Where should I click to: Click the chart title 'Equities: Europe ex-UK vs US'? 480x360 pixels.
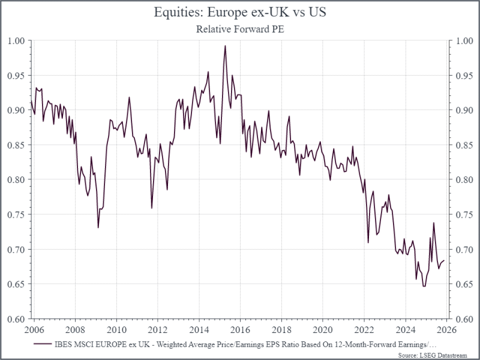(240, 11)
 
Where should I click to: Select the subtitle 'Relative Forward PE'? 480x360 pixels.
(240, 28)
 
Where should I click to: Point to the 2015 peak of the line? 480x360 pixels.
(225, 46)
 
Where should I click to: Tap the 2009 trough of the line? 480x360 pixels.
(98, 227)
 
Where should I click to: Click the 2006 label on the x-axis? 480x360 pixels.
(34, 331)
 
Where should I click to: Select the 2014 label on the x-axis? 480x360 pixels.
(199, 331)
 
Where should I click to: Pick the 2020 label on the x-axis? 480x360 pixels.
(322, 331)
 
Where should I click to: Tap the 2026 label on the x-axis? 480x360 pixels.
(446, 331)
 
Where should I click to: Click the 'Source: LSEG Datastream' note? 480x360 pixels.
(443, 355)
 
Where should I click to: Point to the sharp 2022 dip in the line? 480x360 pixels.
(368, 242)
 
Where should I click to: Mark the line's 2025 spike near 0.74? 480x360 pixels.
(433, 223)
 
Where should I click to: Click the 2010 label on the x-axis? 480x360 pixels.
(116, 331)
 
